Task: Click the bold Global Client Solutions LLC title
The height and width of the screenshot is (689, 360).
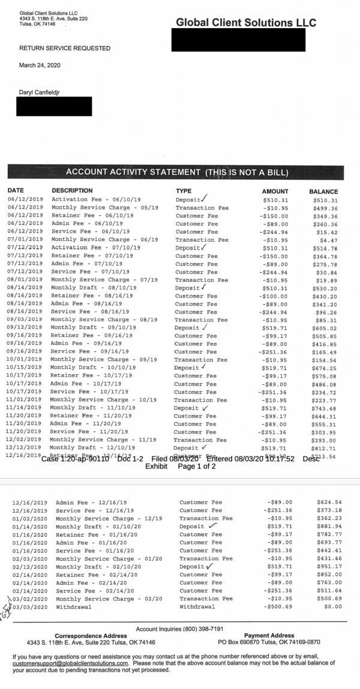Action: (x=246, y=23)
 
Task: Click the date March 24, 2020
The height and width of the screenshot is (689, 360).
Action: (x=40, y=65)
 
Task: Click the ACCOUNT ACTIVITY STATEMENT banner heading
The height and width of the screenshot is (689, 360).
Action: (x=177, y=172)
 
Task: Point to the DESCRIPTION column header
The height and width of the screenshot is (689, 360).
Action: (x=72, y=191)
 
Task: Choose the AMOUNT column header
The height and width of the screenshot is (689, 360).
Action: (x=275, y=191)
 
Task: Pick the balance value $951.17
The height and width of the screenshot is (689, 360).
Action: (x=329, y=567)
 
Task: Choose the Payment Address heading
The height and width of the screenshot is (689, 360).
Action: (x=269, y=636)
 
